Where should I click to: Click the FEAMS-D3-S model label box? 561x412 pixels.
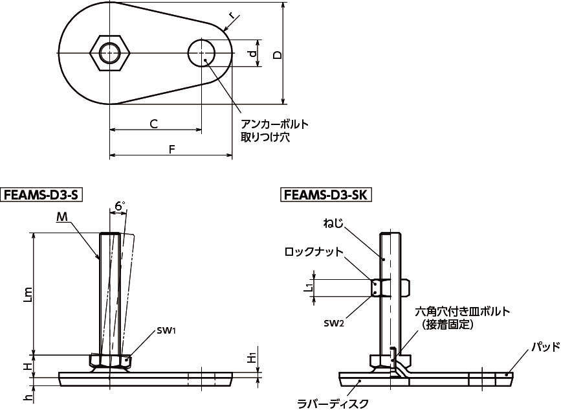click(41, 195)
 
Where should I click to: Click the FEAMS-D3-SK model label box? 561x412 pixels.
click(325, 195)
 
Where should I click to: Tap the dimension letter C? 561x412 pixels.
click(153, 124)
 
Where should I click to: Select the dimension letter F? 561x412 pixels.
click(172, 149)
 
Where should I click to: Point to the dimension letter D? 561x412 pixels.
click(278, 55)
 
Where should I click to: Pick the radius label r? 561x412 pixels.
click(232, 16)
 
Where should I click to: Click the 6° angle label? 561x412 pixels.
click(120, 206)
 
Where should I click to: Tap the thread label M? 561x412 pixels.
click(62, 217)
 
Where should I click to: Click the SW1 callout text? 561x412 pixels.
click(166, 330)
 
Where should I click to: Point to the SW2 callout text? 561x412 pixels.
click(334, 323)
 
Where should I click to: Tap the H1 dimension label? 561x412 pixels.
click(252, 358)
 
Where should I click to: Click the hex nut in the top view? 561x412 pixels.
click(110, 54)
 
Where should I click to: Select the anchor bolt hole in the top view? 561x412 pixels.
click(201, 52)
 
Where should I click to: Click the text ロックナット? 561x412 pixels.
click(314, 252)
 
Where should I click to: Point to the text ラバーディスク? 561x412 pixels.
click(333, 404)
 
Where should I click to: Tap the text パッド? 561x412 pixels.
click(545, 347)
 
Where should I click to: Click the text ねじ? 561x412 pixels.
click(333, 224)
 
